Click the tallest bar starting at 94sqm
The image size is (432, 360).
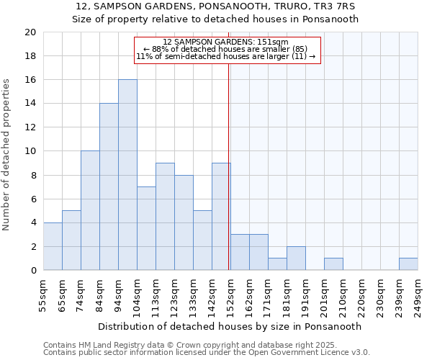[127, 175]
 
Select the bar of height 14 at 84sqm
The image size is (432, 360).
[109, 186]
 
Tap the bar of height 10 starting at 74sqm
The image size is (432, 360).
[90, 210]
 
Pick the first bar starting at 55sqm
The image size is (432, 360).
[53, 246]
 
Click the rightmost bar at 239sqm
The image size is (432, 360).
[408, 264]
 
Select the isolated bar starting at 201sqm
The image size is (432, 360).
[333, 264]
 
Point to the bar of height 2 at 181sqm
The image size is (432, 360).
[296, 258]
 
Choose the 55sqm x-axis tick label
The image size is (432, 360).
[43, 297]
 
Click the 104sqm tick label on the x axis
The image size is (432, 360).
[137, 297]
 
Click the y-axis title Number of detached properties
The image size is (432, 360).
[7, 155]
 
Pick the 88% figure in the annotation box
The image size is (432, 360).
[158, 49]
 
